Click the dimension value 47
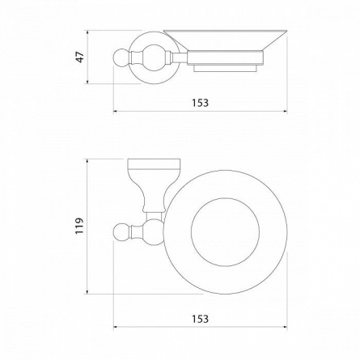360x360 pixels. (x=81, y=57)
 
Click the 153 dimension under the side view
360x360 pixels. (x=201, y=103)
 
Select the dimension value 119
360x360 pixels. (x=79, y=226)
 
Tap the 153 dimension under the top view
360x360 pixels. (x=201, y=319)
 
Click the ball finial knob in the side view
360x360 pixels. (x=121, y=57)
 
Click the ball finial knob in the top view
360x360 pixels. (x=121, y=232)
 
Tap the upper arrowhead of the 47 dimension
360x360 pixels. (x=87, y=32)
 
